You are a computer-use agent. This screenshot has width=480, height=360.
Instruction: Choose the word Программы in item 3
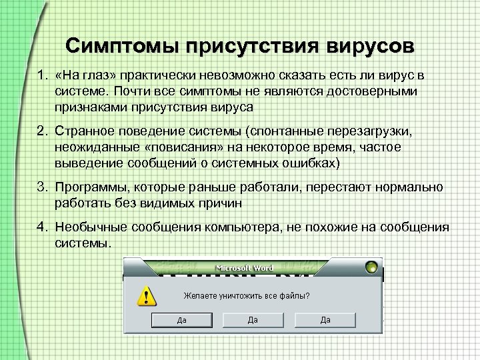click(x=90, y=189)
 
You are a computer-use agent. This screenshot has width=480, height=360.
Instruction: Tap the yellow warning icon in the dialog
click(x=141, y=295)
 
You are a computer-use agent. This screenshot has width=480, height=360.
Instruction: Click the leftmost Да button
click(x=181, y=320)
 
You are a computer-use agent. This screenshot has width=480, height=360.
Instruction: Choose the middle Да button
click(x=253, y=320)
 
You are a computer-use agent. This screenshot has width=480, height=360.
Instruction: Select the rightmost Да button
click(x=325, y=320)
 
